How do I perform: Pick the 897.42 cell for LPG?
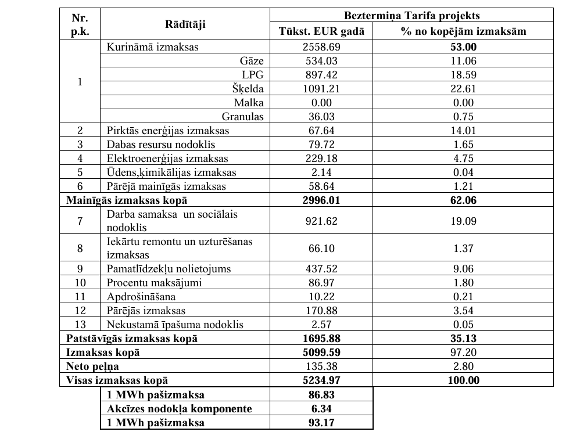tap(321, 75)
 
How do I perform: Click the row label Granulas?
tap(243, 117)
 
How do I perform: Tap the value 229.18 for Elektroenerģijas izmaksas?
tap(321, 159)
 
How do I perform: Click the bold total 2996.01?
tap(321, 200)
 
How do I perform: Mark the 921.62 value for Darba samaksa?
tap(321, 221)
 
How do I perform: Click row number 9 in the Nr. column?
tap(80, 269)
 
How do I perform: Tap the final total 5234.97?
tap(321, 380)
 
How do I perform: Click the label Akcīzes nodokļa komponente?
tap(179, 409)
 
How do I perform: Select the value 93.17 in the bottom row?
tap(321, 423)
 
